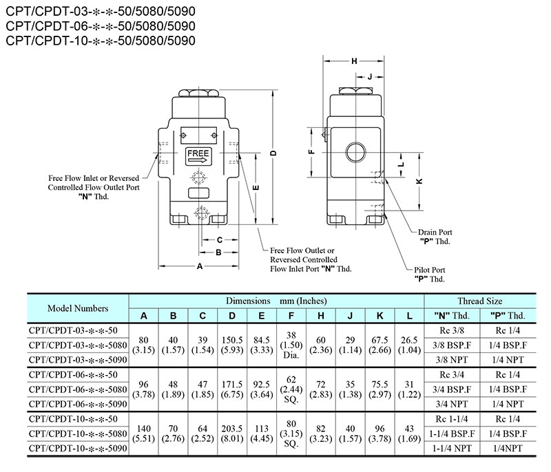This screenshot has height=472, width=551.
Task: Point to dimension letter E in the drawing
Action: point(256,186)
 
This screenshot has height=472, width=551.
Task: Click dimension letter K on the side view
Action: point(419,181)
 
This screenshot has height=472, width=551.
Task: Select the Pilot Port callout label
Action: point(430,275)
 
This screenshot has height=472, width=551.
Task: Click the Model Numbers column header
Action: point(78,308)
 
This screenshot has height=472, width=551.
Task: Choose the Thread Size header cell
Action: point(479,301)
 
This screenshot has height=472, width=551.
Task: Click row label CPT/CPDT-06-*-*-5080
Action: point(78,389)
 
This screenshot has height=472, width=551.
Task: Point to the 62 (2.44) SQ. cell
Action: point(292,389)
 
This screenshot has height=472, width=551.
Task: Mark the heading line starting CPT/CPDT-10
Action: point(101,41)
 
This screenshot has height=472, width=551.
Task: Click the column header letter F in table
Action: point(292,316)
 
